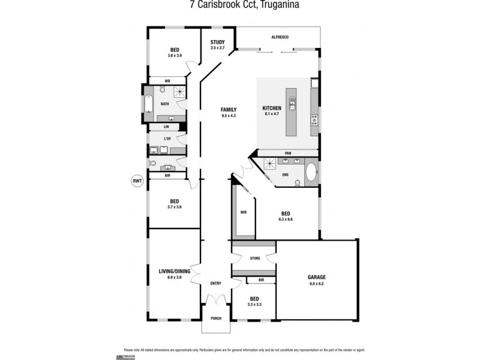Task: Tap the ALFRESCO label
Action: (x=280, y=38)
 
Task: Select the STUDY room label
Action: (x=217, y=42)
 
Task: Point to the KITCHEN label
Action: (x=272, y=108)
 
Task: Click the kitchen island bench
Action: (x=292, y=112)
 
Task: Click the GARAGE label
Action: (x=316, y=277)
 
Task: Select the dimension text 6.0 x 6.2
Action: (x=316, y=283)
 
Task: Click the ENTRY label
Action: (x=215, y=284)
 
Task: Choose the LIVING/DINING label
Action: (x=174, y=272)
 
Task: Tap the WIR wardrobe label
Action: (x=244, y=212)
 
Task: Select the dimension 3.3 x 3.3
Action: (x=254, y=305)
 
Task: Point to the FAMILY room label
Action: (x=228, y=109)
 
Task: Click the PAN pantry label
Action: (x=288, y=153)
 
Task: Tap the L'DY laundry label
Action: (x=167, y=139)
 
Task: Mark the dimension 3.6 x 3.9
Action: (x=175, y=55)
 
